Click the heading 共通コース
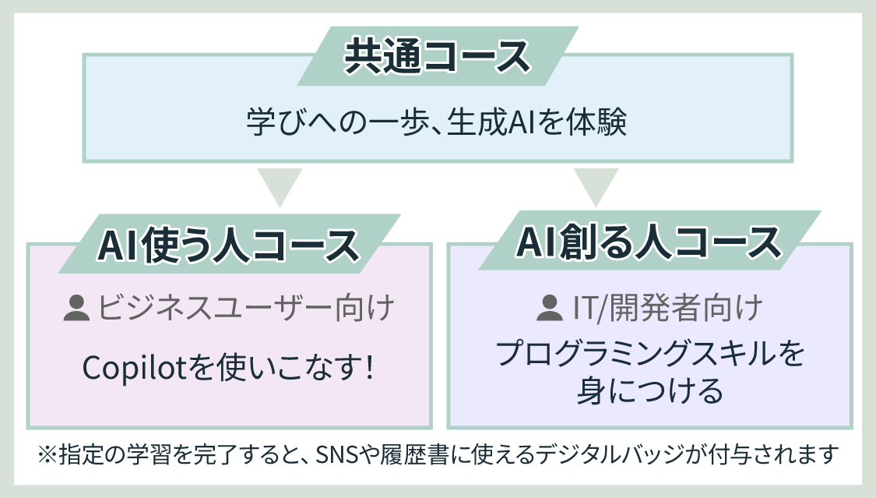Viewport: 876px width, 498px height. tap(437, 56)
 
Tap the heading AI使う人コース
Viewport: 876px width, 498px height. tap(228, 245)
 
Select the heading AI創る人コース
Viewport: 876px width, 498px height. tap(649, 242)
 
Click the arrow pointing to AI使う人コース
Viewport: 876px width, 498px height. tap(280, 187)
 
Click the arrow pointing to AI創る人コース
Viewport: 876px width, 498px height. tap(596, 187)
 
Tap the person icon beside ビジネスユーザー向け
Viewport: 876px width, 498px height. tap(76, 308)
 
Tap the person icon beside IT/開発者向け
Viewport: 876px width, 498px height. tap(549, 308)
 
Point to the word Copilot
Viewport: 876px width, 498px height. tap(134, 369)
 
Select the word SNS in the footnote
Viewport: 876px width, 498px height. tap(337, 454)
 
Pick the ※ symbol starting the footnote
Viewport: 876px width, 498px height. tap(47, 454)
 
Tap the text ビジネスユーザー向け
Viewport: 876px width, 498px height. tap(246, 308)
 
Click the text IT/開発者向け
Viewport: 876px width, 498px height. tap(667, 308)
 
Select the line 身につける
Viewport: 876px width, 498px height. tap(649, 390)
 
